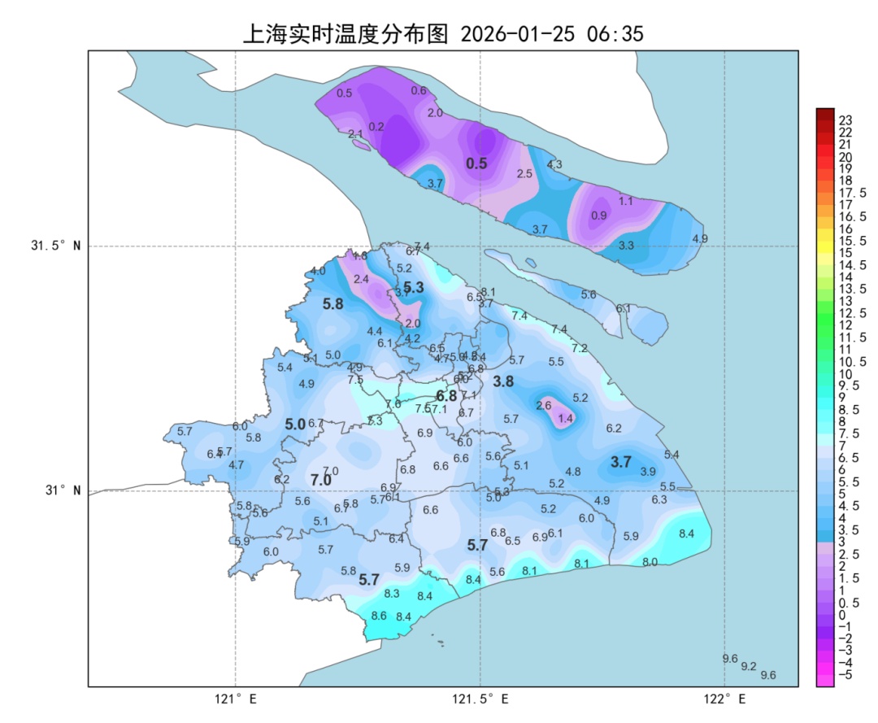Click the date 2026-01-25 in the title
[517, 33]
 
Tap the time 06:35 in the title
[615, 33]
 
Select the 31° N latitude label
[62, 490]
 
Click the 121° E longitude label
[236, 699]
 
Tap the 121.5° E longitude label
[480, 699]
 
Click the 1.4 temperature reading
[566, 418]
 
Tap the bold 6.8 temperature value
[446, 396]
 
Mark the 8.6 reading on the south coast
[379, 616]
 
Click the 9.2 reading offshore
[749, 666]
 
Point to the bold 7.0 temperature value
[322, 481]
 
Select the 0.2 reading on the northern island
[376, 127]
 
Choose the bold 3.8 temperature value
[504, 381]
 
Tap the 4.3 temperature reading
[554, 164]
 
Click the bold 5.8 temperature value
[333, 304]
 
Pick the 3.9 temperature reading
[648, 472]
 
